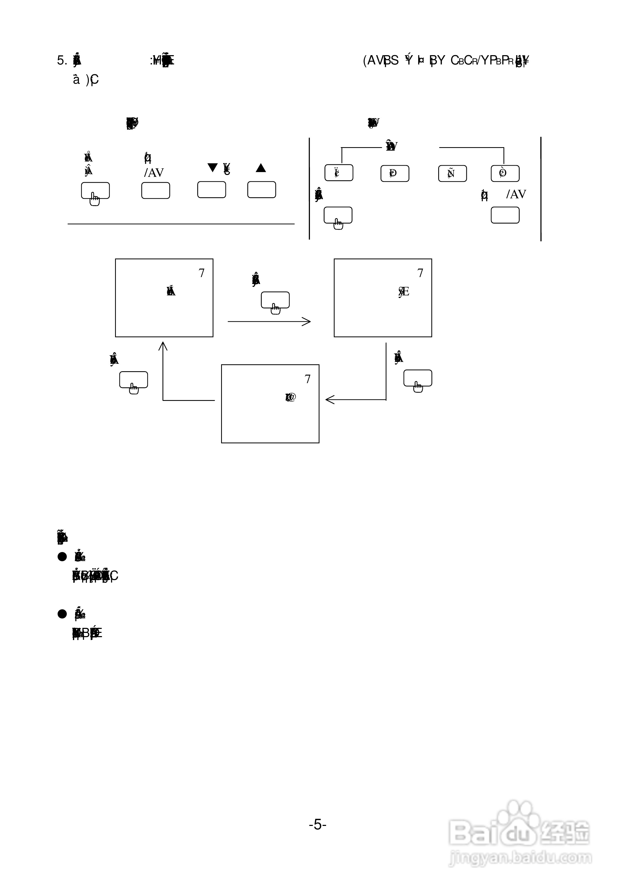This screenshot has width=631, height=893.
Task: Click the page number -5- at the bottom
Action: coord(317,824)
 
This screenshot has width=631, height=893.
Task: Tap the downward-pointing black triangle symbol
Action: coord(212,168)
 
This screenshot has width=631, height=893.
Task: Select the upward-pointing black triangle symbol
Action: coord(261,168)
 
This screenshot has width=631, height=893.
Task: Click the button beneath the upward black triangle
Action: coord(261,190)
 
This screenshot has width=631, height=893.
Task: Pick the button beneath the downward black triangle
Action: coord(211,190)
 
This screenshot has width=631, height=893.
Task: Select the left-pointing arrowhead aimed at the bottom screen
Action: coord(329,400)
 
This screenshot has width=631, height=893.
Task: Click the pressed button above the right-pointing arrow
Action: coord(275,300)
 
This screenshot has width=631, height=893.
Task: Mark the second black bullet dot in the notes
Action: coord(62,614)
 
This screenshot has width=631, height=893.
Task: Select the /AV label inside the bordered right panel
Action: coord(516,194)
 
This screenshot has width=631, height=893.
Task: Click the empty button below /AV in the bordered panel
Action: coord(505,215)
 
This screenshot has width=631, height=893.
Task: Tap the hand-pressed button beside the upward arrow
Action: coord(133,380)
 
